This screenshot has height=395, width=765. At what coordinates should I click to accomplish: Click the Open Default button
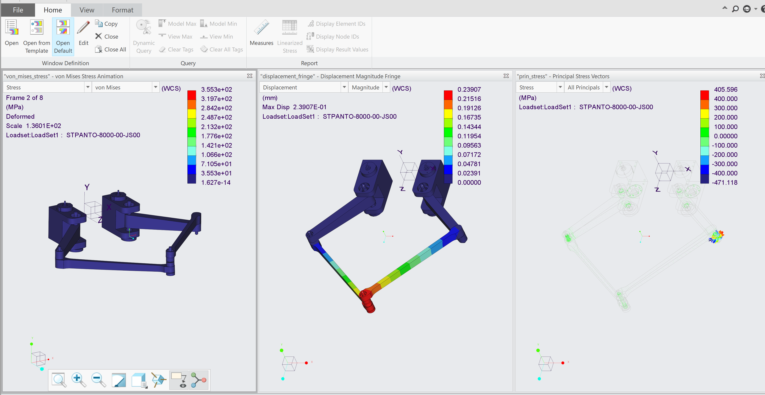[x=63, y=36]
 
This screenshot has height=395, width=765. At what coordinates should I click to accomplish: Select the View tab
[x=87, y=10]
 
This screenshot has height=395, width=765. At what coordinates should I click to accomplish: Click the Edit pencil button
[x=83, y=33]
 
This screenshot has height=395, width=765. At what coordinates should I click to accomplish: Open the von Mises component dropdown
[x=155, y=87]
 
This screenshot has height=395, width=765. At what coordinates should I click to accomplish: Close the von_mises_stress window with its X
[x=250, y=76]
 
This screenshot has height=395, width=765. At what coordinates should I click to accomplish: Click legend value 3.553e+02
[x=216, y=89]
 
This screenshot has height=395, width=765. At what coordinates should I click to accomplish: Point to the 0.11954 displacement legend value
[x=469, y=136]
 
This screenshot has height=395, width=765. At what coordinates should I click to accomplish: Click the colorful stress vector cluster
[x=716, y=237]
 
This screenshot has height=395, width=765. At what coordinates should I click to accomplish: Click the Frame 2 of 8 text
[x=24, y=98]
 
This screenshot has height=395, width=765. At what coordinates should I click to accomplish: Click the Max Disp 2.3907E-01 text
[x=294, y=107]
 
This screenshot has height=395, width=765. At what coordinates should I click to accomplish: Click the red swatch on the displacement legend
[x=448, y=95]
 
